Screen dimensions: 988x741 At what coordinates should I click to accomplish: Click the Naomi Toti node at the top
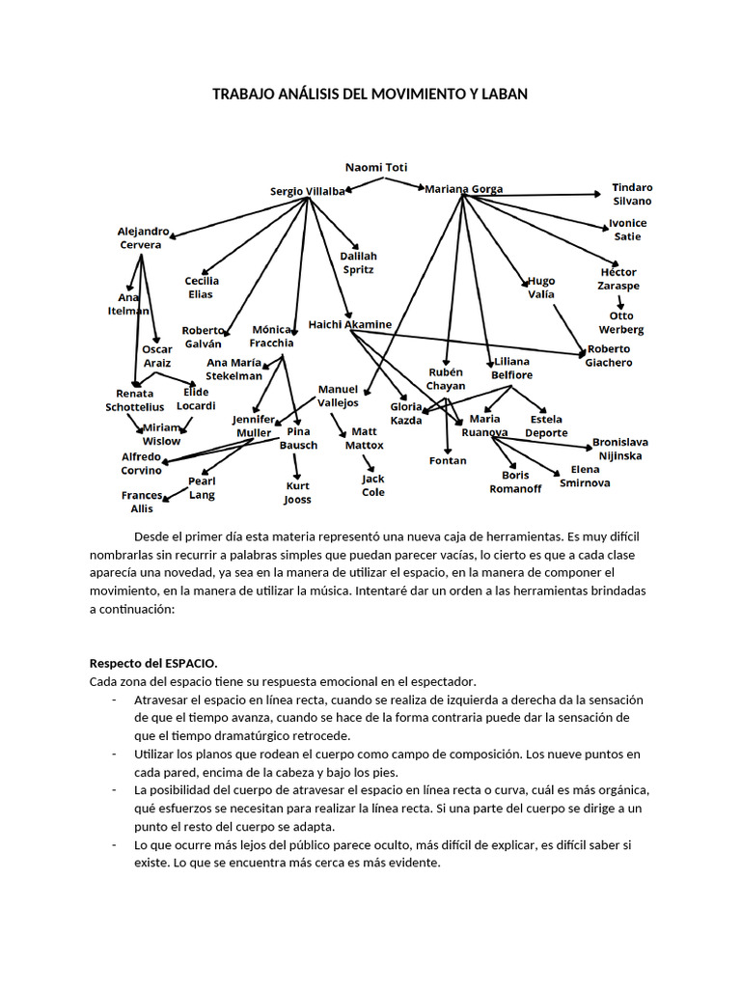(376, 167)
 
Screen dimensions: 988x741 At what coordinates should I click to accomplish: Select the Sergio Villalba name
(307, 192)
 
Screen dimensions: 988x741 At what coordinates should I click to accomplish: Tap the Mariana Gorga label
(463, 189)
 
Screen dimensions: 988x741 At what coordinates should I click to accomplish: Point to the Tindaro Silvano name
(632, 194)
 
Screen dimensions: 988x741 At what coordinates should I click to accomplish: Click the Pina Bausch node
(298, 438)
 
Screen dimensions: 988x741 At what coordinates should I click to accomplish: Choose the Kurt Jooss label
(297, 493)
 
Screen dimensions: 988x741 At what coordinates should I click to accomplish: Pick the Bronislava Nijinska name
(619, 449)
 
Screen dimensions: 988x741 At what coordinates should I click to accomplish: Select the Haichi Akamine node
(350, 324)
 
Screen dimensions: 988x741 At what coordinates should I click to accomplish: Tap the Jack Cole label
(372, 485)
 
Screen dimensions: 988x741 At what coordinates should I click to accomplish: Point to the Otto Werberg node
(621, 322)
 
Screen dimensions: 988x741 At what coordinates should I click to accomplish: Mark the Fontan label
(448, 461)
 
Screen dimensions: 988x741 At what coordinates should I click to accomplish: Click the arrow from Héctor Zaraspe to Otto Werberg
(619, 302)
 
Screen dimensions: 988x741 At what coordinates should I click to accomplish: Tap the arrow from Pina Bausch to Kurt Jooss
(297, 466)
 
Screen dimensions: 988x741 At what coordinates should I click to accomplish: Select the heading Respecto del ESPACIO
(153, 663)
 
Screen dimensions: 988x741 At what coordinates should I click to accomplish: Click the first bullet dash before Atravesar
(114, 700)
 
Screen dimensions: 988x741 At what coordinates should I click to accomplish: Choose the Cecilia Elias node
(202, 288)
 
